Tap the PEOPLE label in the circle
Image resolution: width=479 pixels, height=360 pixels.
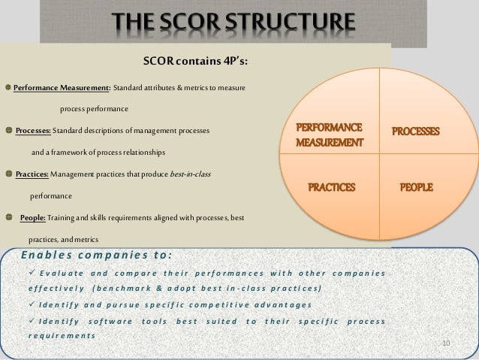click(x=415, y=185)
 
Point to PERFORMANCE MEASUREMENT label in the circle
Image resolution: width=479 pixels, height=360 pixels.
click(x=329, y=134)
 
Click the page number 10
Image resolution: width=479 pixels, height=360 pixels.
click(x=444, y=343)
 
